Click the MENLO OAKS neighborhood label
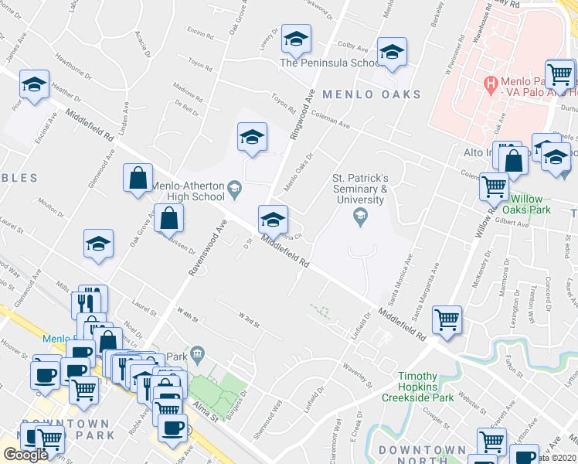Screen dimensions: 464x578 pos(372,94)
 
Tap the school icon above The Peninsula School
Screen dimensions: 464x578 pos(296,39)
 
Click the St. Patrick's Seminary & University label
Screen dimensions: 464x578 pos(359,189)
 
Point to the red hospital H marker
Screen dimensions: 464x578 pos(488,82)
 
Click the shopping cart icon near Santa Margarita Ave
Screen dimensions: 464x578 pos(447,319)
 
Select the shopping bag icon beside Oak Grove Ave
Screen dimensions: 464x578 pos(137,178)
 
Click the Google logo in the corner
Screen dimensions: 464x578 pos(25,455)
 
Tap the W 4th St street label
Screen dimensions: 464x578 pos(188,312)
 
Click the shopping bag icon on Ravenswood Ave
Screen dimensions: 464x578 pos(168,220)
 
